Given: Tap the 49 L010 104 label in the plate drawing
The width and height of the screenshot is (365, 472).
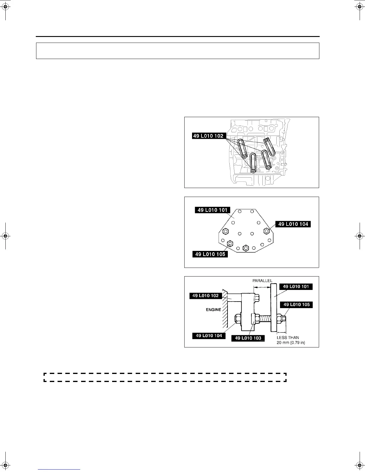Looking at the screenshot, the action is click(293, 224).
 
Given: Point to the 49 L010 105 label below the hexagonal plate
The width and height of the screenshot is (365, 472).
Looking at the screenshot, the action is click(210, 254).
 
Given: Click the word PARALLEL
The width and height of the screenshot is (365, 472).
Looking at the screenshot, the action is click(262, 281).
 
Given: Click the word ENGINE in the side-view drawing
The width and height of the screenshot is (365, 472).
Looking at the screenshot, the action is click(214, 310).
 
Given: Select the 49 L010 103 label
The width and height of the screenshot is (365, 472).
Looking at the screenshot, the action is click(248, 338).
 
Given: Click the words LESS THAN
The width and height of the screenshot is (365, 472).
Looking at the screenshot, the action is click(288, 338).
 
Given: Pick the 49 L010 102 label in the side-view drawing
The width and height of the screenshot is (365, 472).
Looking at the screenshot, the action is click(205, 296).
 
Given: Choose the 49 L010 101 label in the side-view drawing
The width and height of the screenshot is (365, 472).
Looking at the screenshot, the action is click(296, 287).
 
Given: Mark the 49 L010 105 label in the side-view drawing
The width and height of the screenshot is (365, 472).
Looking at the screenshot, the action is click(296, 305).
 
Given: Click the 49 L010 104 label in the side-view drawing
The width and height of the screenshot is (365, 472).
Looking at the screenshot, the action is click(209, 336).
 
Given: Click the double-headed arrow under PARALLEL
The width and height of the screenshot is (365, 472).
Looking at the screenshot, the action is click(262, 287).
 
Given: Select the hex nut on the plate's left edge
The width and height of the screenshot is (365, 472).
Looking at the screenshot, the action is click(226, 231).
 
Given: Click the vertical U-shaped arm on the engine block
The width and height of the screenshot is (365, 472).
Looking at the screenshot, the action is click(253, 163).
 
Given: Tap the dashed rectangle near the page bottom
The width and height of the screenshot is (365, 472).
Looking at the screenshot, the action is click(165, 377).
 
